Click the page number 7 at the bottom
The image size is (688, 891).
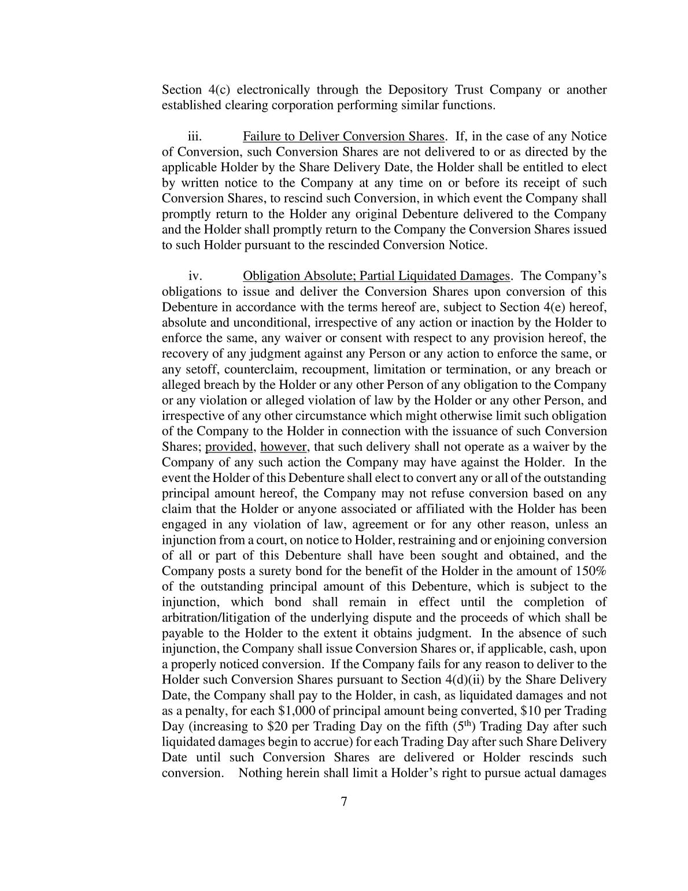tap(343, 802)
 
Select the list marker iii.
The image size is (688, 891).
tap(194, 137)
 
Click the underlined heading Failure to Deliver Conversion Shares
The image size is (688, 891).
tap(343, 137)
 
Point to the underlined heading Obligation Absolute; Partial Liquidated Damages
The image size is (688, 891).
tap(376, 276)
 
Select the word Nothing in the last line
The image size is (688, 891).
tap(259, 774)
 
